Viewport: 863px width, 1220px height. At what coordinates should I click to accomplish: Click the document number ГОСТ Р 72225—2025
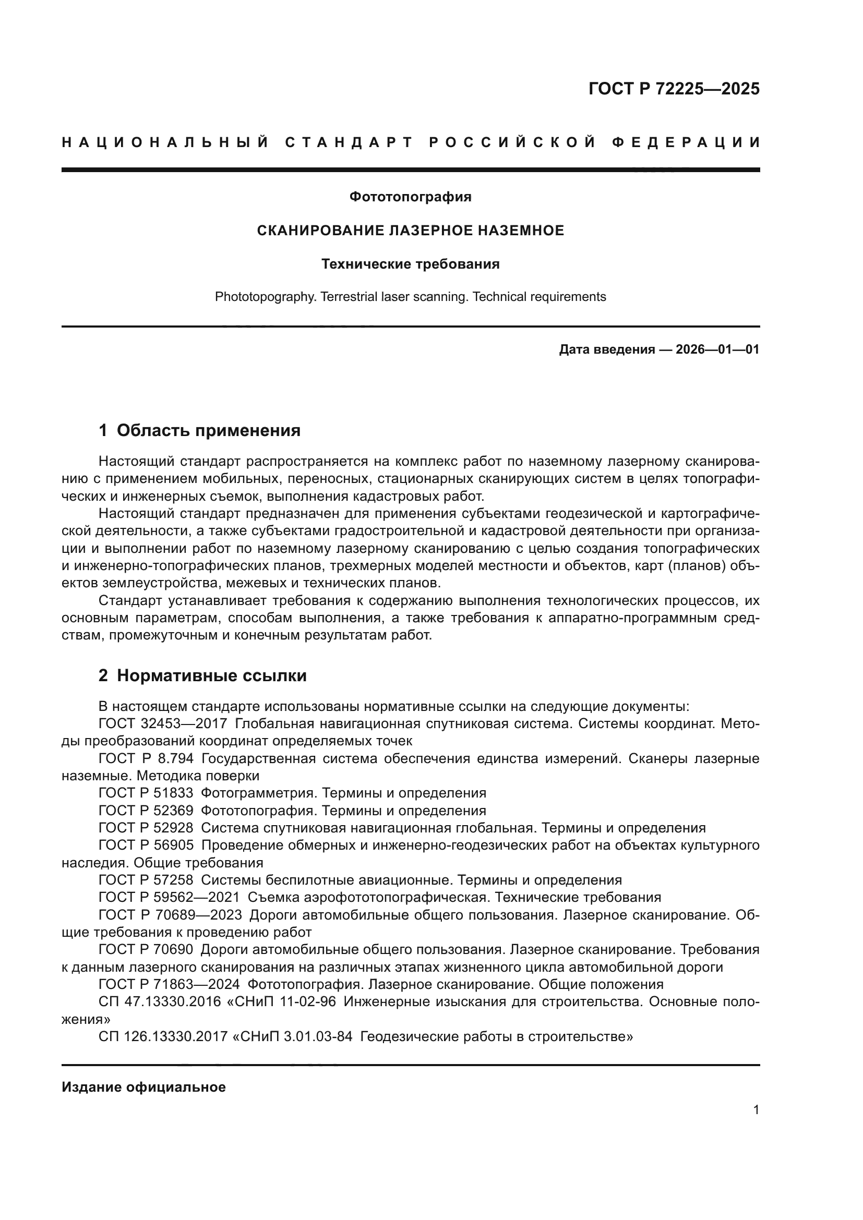click(x=673, y=89)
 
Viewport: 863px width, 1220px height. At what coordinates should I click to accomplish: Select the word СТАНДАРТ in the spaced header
click(x=349, y=142)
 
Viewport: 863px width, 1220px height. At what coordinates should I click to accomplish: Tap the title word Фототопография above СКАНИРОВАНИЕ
click(x=410, y=197)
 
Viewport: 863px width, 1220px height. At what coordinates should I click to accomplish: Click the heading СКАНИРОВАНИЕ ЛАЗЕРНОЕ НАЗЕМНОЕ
click(x=410, y=231)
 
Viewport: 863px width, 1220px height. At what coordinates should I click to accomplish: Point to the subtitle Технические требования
click(x=410, y=264)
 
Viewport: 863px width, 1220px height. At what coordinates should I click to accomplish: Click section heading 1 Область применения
click(x=199, y=430)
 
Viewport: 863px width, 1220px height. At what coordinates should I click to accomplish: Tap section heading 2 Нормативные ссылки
click(x=202, y=676)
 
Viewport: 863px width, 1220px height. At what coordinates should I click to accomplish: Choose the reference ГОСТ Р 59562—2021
click(x=169, y=898)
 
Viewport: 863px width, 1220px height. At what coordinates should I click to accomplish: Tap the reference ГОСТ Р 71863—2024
click(x=169, y=985)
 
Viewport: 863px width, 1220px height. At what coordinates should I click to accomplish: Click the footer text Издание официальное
click(x=143, y=1088)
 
